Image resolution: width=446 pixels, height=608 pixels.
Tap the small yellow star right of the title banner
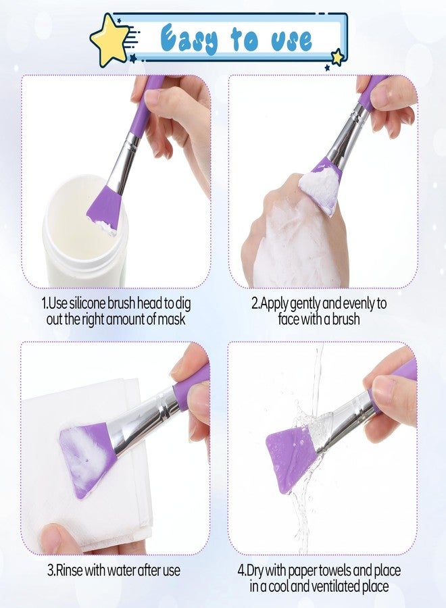tap(337, 57)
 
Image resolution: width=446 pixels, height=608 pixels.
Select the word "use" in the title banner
tap(291, 40)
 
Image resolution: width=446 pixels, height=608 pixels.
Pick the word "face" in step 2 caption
tap(289, 319)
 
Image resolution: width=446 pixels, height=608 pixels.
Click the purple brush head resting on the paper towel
tap(88, 457)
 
